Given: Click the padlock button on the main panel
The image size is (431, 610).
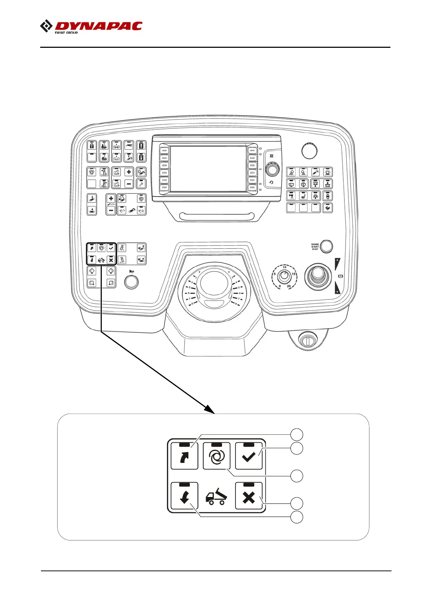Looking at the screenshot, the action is pos(92,146).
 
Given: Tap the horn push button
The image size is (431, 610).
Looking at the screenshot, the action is pos(131,282).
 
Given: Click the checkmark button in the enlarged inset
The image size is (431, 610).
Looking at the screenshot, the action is pos(248,456).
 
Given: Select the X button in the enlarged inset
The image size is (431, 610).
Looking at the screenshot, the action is pos(248,496).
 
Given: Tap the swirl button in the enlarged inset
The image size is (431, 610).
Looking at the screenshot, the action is pos(216,456).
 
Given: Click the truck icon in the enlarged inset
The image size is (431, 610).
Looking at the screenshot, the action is pos(216,496).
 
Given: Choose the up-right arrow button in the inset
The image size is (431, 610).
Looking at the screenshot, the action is pos(184,456).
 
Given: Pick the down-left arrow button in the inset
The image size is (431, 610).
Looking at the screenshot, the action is pos(184,496).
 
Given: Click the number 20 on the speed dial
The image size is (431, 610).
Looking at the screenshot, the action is pos(289,286).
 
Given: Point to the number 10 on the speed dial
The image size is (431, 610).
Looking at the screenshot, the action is pos(285,267).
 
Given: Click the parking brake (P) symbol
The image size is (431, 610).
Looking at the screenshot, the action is pos(340,276).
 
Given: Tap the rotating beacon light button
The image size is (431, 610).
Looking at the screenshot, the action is pos(327,172).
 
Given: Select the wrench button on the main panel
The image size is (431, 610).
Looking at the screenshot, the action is pos(141,184).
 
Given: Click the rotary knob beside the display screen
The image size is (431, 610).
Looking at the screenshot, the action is pos(272,169).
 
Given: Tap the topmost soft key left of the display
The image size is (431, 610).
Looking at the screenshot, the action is pos(164,150).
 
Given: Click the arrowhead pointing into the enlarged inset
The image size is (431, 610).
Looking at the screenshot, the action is pos(210,410).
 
